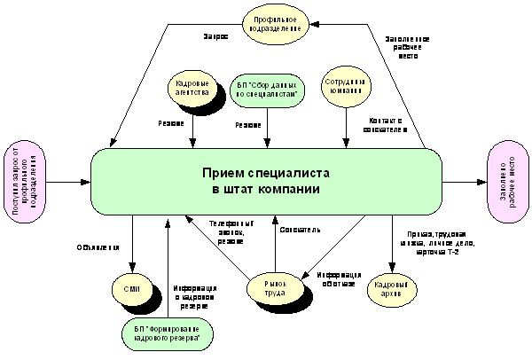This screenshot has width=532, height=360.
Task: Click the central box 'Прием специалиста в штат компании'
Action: tap(266, 182)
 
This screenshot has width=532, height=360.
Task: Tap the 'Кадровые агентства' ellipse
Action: tap(192, 88)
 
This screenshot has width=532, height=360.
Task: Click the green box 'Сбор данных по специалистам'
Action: tap(267, 89)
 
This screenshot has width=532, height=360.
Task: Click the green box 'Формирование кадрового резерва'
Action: tap(168, 335)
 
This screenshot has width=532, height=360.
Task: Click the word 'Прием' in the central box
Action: tap(222, 173)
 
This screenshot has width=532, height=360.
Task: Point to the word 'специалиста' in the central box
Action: tap(286, 173)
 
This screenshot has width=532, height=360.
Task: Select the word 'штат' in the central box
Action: tap(241, 190)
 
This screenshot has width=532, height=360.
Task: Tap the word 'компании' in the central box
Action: tap(290, 190)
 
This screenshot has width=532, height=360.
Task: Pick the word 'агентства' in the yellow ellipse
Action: tap(192, 93)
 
